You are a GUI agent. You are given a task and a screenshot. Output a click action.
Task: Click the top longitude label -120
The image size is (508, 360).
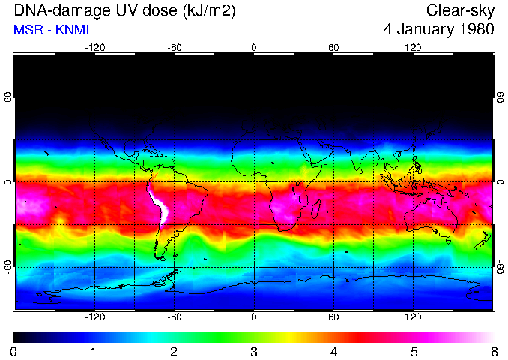coord(94,47)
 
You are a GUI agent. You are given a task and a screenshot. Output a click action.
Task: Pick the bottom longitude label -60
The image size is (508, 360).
coord(175,317)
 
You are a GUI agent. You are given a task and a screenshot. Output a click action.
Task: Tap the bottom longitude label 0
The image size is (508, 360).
coord(254,317)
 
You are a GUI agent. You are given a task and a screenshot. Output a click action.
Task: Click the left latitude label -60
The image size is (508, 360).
coord(9,267)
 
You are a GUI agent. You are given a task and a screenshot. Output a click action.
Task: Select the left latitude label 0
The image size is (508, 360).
coord(9,182)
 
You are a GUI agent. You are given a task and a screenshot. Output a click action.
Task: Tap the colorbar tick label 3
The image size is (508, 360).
coord(254,352)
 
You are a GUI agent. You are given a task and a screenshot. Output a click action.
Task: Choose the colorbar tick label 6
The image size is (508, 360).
coord(494,352)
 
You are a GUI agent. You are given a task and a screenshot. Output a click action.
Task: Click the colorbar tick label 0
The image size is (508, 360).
coord(14,352)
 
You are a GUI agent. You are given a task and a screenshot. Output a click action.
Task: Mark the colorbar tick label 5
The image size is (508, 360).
coord(414,352)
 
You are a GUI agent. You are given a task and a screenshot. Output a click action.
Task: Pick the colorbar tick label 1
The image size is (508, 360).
coord(94,352)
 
